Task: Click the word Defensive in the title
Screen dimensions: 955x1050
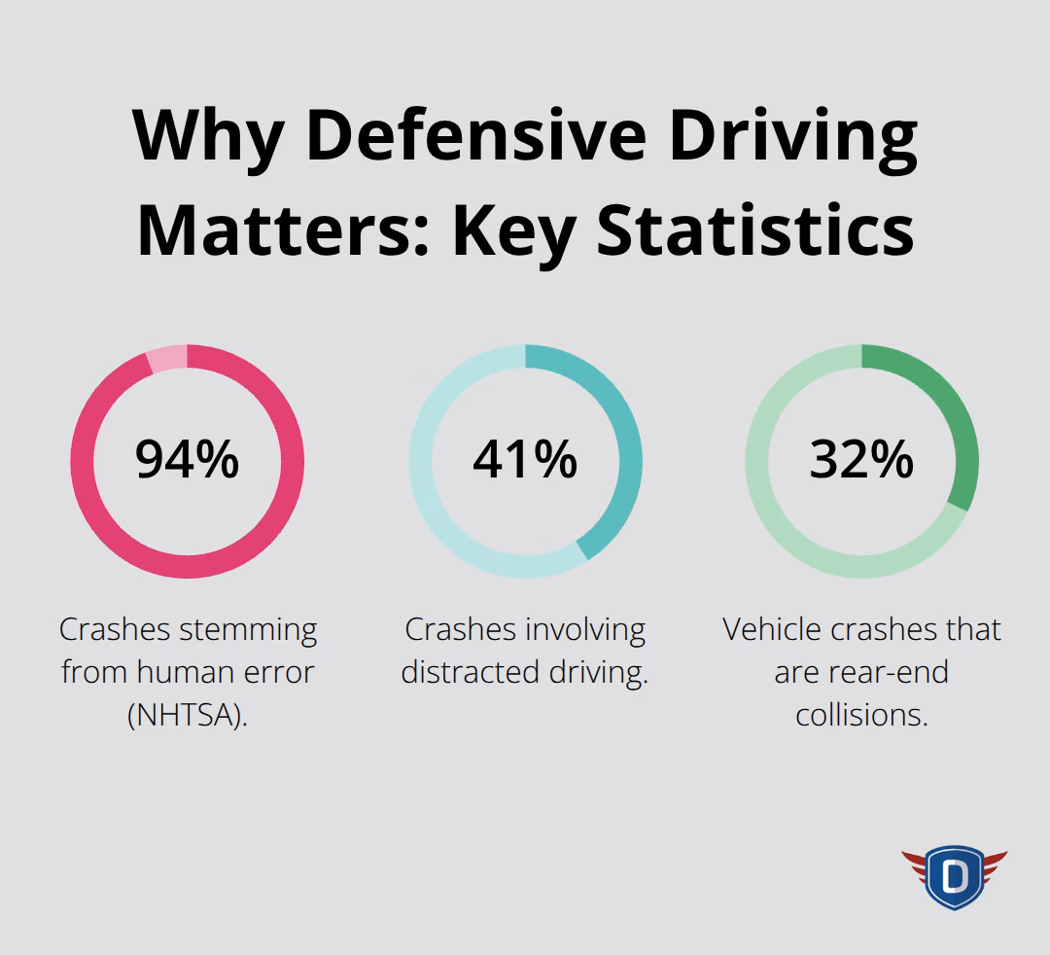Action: point(478,135)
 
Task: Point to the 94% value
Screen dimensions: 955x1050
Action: point(187,459)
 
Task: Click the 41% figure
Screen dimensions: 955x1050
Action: point(525,459)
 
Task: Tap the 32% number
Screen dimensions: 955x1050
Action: point(861,459)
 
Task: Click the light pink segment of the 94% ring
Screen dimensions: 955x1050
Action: point(165,359)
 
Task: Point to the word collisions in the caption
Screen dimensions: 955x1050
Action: point(861,715)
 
